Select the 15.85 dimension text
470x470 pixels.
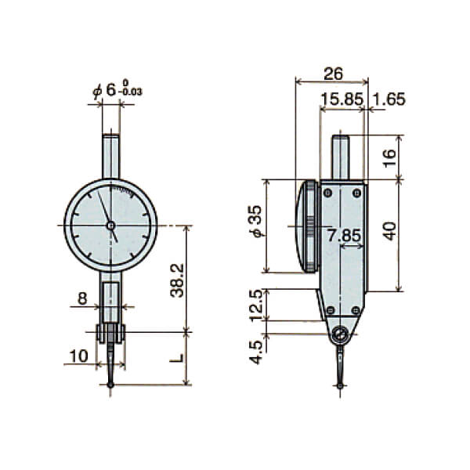(x=340, y=99)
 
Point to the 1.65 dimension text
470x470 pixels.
(x=389, y=99)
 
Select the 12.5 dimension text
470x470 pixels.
(x=255, y=304)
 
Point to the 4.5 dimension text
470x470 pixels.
(x=255, y=350)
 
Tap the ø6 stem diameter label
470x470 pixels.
(x=117, y=91)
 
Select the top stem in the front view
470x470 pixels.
(x=110, y=156)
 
